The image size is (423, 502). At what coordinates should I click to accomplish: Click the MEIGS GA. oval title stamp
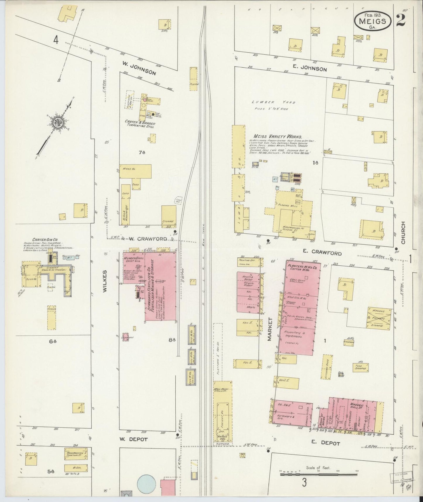372,21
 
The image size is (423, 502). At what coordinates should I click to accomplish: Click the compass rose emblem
56,122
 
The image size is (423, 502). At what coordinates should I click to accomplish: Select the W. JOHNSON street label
139,69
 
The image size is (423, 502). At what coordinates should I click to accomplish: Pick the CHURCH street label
403,233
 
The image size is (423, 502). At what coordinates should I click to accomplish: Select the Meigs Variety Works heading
278,136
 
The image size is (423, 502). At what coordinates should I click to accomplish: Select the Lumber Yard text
273,103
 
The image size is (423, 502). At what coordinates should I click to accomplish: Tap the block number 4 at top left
56,40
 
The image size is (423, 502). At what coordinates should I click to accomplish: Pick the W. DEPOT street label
133,439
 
